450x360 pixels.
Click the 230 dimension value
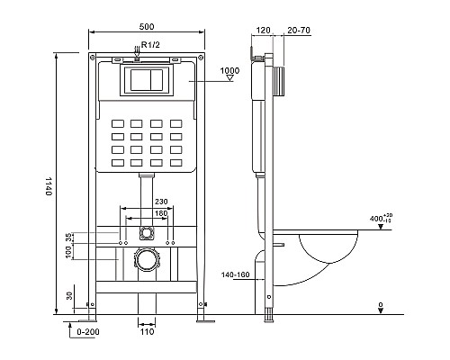[161, 202]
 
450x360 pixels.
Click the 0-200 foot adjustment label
[86, 333]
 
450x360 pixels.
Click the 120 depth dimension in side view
[263, 30]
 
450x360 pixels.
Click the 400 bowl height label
[381, 219]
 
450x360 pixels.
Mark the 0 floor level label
[380, 306]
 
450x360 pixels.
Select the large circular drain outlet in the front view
[145, 261]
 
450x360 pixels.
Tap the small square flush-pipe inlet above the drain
[145, 233]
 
